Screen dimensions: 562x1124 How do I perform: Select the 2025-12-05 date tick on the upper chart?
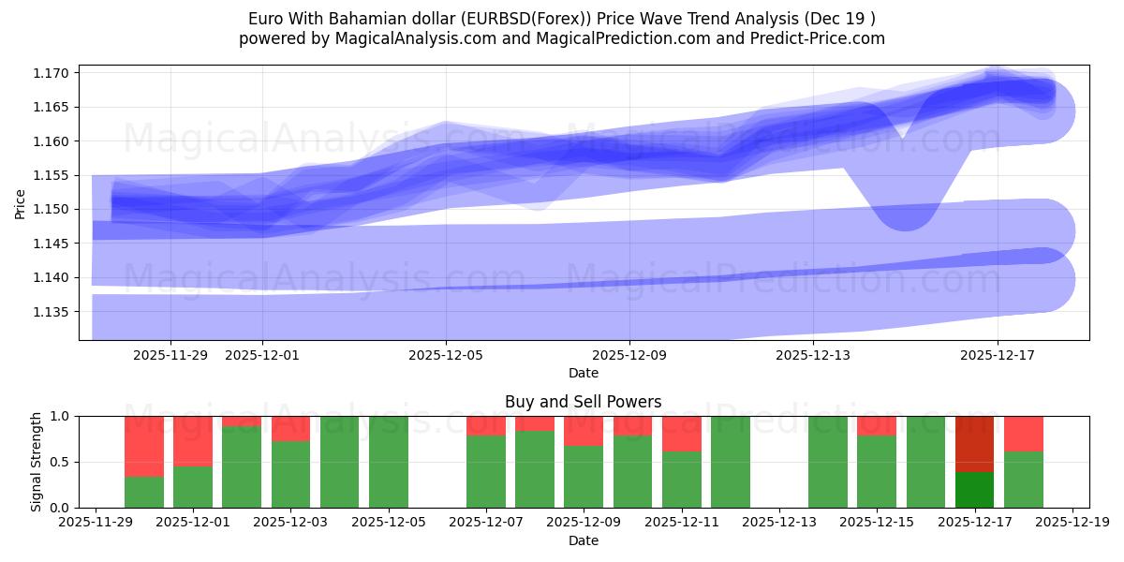click(446, 355)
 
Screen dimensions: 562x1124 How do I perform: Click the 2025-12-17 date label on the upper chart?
click(997, 355)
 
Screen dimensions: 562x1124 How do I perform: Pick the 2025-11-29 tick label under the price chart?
click(170, 355)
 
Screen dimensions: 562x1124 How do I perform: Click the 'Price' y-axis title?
click(21, 202)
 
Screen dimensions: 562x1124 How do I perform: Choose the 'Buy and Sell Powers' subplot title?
click(583, 402)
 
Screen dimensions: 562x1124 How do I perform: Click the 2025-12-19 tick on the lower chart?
click(1072, 523)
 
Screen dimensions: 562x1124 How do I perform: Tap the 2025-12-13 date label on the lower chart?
click(779, 523)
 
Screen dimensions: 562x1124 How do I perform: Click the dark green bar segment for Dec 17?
click(975, 489)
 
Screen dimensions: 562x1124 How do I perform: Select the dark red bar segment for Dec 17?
click(975, 443)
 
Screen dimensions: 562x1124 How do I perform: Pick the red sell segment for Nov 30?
click(144, 446)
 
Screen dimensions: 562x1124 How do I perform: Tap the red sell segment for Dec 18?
click(1024, 434)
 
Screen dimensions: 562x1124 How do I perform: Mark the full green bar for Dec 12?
click(731, 461)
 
